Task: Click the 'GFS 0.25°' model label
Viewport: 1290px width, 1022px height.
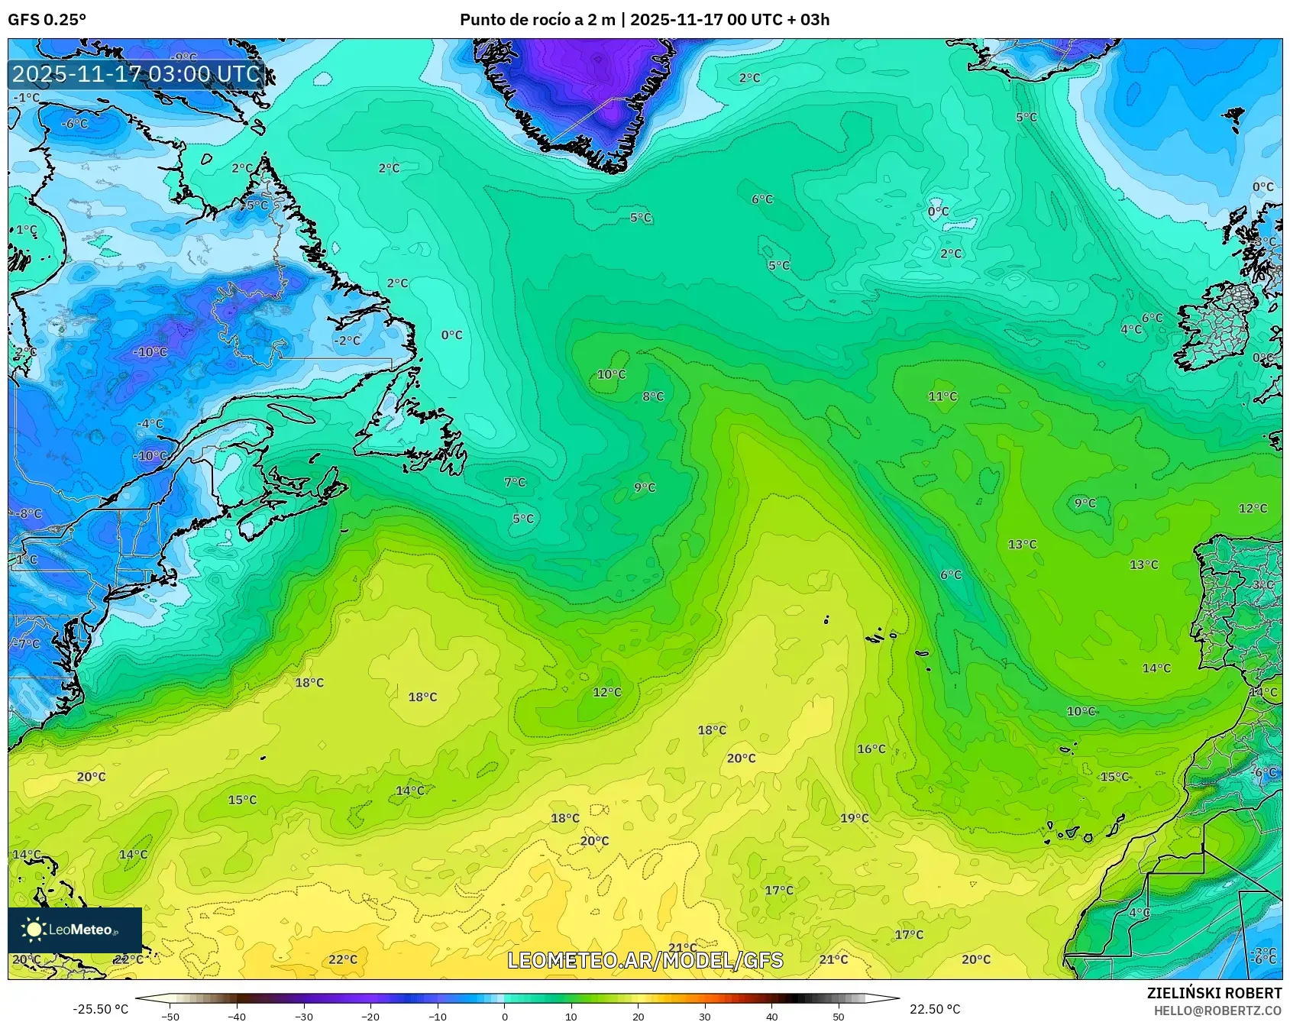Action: coord(47,19)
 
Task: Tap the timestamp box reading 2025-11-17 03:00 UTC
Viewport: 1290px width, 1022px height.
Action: coord(136,74)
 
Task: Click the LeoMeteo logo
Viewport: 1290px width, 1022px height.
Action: coord(74,930)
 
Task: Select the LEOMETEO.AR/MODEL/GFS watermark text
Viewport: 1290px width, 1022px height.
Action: coord(645,960)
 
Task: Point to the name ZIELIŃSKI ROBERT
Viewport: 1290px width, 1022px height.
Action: coord(1214,993)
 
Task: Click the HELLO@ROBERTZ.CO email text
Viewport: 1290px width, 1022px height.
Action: coord(1217,1011)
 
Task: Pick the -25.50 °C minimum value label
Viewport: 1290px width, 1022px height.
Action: coord(100,1009)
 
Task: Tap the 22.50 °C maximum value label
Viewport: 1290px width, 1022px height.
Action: coord(934,1009)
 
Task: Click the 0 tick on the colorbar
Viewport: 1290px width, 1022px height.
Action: coord(504,1016)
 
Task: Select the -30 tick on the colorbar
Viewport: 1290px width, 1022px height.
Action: coord(303,1016)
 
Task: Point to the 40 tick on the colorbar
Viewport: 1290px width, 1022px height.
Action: coord(771,1016)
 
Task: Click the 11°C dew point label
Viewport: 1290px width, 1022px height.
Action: coord(942,396)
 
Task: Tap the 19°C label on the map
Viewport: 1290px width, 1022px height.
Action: coord(854,818)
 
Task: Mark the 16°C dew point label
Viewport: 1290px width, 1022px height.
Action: coord(871,749)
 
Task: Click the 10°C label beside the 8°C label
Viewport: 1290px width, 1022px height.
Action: coord(611,374)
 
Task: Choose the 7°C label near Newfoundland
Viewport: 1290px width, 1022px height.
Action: coord(515,482)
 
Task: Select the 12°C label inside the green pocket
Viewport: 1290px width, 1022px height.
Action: coord(607,692)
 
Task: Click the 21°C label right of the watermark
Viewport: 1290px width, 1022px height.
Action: coord(833,959)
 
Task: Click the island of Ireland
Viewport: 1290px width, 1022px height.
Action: coord(1218,328)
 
